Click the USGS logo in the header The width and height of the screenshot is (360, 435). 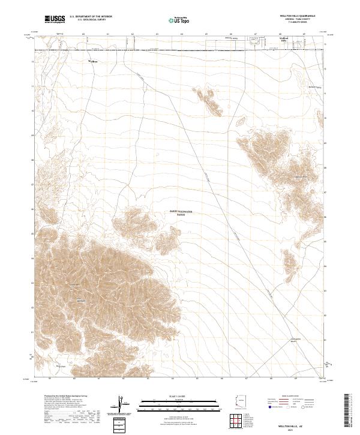[x=55, y=20]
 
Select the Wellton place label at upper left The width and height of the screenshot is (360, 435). [x=93, y=61]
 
